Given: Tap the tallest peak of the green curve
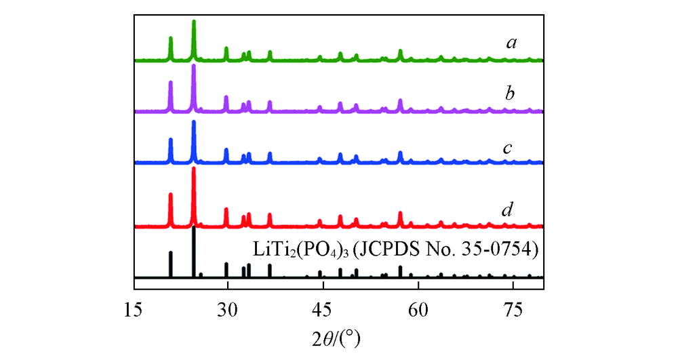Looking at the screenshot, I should pos(194,22).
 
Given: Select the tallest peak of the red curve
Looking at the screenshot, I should pos(194,169).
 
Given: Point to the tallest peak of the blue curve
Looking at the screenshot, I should pos(194,123).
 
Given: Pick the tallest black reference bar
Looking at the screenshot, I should pos(194,229).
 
